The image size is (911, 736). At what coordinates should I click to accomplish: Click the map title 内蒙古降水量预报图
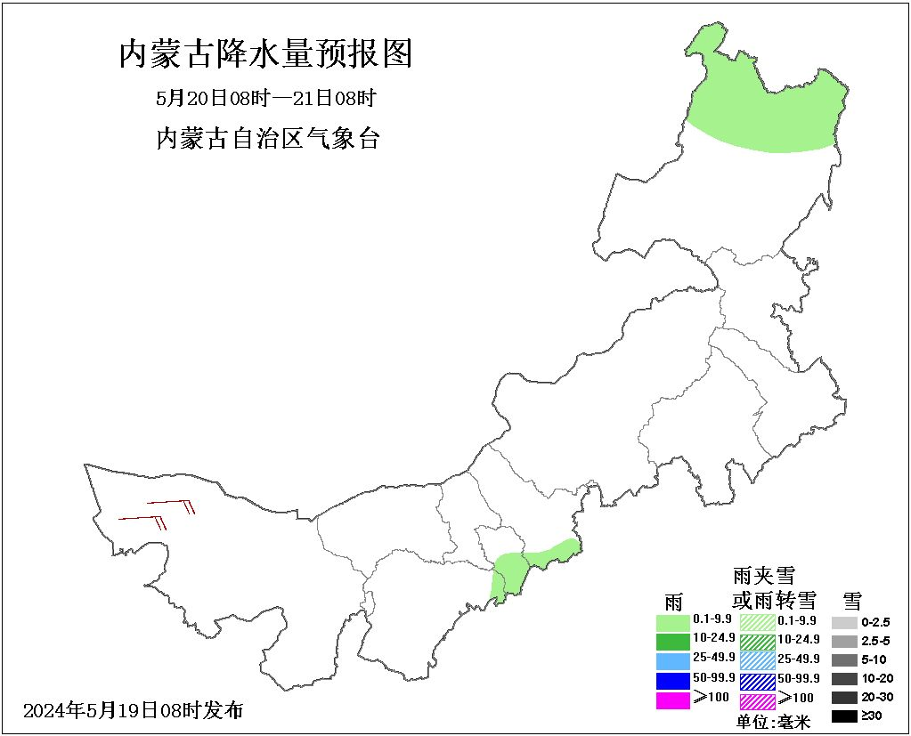coord(265,55)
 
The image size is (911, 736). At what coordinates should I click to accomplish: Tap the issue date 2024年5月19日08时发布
coord(133,710)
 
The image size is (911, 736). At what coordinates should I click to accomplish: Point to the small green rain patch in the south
coord(525,566)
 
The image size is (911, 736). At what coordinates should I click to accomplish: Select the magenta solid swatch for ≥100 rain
coord(672,700)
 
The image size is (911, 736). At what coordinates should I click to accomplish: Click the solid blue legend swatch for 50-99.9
coord(672,681)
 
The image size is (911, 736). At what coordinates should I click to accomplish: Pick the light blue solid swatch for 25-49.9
coord(672,660)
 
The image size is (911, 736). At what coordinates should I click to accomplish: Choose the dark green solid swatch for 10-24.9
coord(672,641)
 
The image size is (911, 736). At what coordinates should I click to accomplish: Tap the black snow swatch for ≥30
coord(844,716)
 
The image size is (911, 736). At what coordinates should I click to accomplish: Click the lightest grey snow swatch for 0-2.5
coord(844,622)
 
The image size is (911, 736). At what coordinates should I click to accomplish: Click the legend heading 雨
coord(673,602)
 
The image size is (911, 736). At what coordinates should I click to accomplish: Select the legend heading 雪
coord(851,600)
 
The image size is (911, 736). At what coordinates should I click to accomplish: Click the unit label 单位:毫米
coord(773,722)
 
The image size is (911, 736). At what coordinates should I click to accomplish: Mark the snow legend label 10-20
coord(874,679)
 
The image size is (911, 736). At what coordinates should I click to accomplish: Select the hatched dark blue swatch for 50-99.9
coord(758,681)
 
